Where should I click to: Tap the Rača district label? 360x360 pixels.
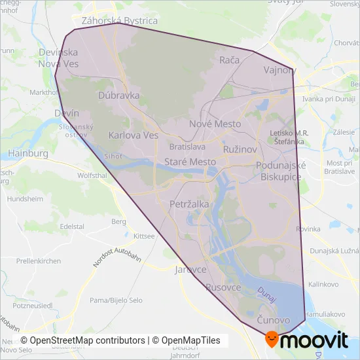click(x=230, y=60)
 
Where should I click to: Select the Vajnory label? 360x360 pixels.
click(x=279, y=70)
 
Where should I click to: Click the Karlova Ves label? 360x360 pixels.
click(x=134, y=135)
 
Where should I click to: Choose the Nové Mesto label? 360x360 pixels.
click(x=215, y=124)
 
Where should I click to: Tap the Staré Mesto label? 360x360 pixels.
click(x=189, y=162)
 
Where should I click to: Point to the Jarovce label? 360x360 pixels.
click(x=191, y=269)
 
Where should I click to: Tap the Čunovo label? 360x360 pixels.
click(x=273, y=319)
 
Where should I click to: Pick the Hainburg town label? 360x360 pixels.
click(x=28, y=153)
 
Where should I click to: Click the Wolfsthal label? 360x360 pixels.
click(x=92, y=176)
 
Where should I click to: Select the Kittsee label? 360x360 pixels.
click(x=143, y=236)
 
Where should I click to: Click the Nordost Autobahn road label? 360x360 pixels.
click(x=117, y=249)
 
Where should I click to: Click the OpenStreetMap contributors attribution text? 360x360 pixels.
click(x=82, y=340)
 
